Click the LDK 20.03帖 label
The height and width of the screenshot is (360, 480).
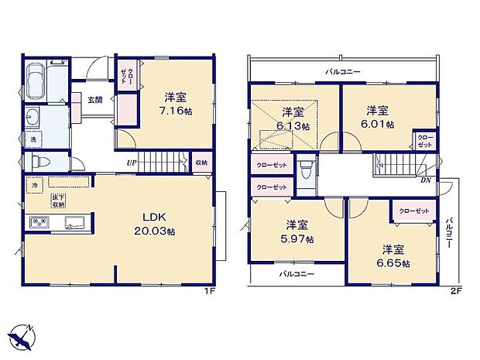coord(153,224)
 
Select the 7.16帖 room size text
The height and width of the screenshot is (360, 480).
coord(174,111)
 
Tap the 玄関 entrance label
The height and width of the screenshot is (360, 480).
coord(94,99)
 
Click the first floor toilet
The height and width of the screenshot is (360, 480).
coord(42,163)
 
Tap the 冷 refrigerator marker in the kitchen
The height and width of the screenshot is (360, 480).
coord(35,187)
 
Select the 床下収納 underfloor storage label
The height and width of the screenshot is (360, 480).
coord(59,200)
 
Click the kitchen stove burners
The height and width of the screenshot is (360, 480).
coord(39,224)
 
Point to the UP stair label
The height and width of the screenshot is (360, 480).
coord(133,163)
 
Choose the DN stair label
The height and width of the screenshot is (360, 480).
coord(425,180)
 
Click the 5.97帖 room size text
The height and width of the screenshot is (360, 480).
coord(298,239)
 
